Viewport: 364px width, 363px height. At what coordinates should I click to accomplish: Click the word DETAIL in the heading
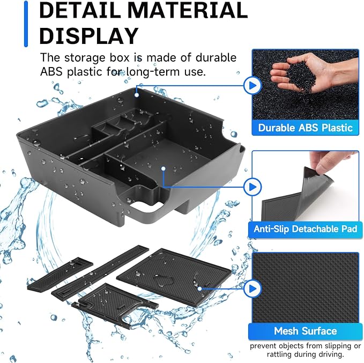coord(80,10)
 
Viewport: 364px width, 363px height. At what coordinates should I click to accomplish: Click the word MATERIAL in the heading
coord(188,10)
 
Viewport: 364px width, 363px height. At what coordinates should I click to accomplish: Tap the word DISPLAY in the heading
coord(89,35)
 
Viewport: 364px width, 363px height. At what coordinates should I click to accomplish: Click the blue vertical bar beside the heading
coord(26,24)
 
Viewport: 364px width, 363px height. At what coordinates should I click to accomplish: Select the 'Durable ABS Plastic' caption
coord(305,128)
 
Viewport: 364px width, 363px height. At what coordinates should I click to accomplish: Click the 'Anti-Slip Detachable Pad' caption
coord(305,229)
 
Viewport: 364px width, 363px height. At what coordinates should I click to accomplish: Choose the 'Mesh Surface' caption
coord(305,331)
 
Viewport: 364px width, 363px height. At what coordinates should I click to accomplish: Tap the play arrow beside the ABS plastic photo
coord(252,85)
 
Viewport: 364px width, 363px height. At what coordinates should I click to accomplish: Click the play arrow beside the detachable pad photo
coord(252,187)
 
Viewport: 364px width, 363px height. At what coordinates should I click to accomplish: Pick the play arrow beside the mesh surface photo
coord(252,288)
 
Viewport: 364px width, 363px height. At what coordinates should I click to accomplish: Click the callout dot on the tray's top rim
coord(137,95)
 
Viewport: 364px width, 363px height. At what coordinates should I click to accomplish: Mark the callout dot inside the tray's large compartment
coord(164,168)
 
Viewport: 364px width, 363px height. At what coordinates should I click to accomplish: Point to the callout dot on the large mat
coord(199,288)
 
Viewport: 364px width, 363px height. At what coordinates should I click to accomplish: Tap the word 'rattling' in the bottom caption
coord(279,354)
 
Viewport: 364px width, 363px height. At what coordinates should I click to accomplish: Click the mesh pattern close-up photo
coord(305,288)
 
